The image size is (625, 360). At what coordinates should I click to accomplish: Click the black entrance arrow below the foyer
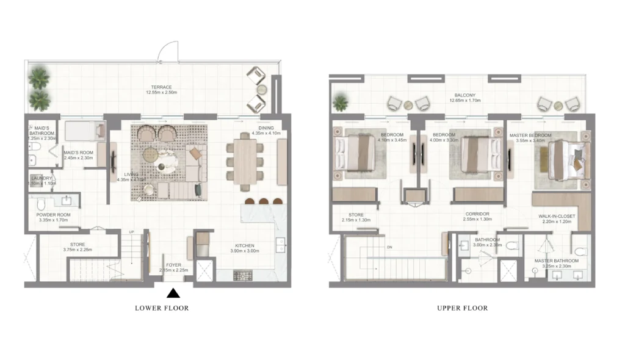coord(173,293)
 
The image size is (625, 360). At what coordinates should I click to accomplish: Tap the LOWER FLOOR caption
coord(162,308)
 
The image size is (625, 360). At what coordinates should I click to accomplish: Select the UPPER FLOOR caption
coord(463,308)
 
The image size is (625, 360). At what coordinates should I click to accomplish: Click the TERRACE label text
coord(162,87)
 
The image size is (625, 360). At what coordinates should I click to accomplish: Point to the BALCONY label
coord(465,96)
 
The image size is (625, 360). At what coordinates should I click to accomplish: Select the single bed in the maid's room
coord(84,131)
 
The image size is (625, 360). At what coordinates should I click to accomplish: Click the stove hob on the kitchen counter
coord(242,275)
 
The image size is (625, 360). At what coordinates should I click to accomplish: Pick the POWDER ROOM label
coord(54,215)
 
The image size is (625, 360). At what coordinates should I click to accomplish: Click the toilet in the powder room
coord(41,203)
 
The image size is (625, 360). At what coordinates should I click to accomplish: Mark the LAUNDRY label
coord(42,178)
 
